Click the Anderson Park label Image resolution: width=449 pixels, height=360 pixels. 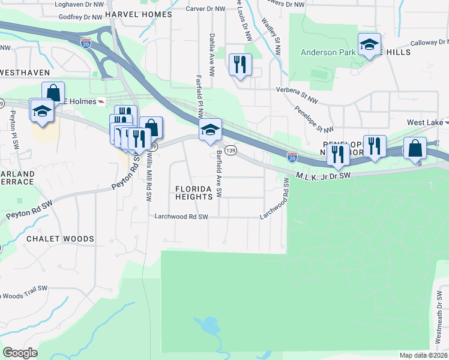tap(328, 52)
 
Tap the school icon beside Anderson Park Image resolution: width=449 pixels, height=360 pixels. tap(369, 44)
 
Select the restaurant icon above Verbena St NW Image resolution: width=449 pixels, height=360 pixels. tap(241, 65)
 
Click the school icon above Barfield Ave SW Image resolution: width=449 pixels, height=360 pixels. tap(210, 130)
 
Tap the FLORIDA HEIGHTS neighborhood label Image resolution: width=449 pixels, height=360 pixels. tap(194, 193)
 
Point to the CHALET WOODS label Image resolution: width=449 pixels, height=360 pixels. tap(60, 239)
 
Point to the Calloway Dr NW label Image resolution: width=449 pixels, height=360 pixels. tap(430, 43)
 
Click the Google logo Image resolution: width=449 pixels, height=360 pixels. tap(20, 353)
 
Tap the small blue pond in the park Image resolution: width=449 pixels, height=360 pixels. tap(209, 326)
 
